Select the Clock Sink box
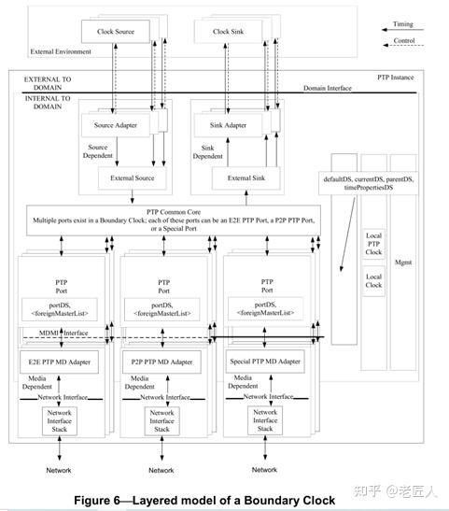(220, 33)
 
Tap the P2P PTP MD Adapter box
(161, 361)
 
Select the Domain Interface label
(328, 88)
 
